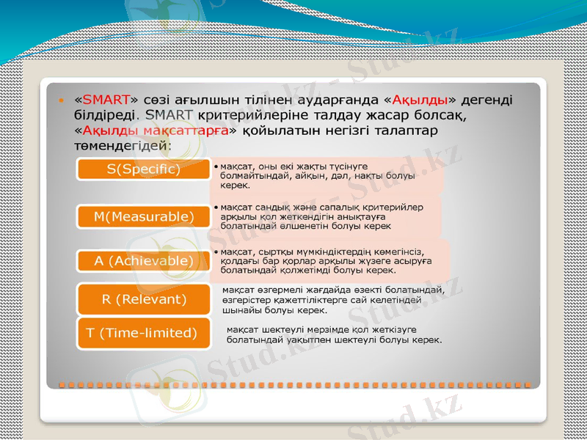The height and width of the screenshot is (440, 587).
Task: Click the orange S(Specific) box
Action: click(x=143, y=169)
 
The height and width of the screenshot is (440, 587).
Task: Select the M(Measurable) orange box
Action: click(x=143, y=216)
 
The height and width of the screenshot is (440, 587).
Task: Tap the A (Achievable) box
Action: click(x=144, y=260)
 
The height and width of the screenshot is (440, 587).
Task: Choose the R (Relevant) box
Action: click(x=144, y=299)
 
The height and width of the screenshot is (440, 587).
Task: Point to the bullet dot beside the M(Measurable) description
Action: click(x=214, y=208)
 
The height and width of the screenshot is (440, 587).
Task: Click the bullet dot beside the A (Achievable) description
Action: click(x=214, y=251)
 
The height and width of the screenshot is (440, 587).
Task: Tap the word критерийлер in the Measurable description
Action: click(x=393, y=207)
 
